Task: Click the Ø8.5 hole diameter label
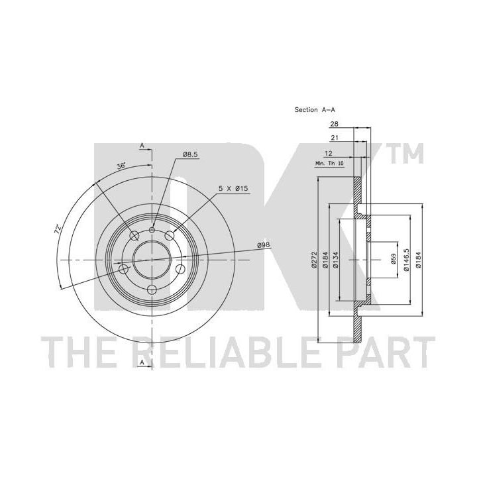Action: click(x=190, y=154)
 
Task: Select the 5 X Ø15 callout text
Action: click(x=233, y=188)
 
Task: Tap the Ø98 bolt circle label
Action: click(x=264, y=244)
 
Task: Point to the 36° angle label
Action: click(x=121, y=166)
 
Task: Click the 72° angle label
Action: click(x=58, y=229)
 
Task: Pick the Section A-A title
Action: click(x=315, y=109)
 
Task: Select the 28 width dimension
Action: click(x=334, y=124)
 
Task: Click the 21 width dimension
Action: click(x=335, y=138)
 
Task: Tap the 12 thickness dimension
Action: click(x=329, y=153)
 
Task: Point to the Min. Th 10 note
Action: click(x=329, y=164)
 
